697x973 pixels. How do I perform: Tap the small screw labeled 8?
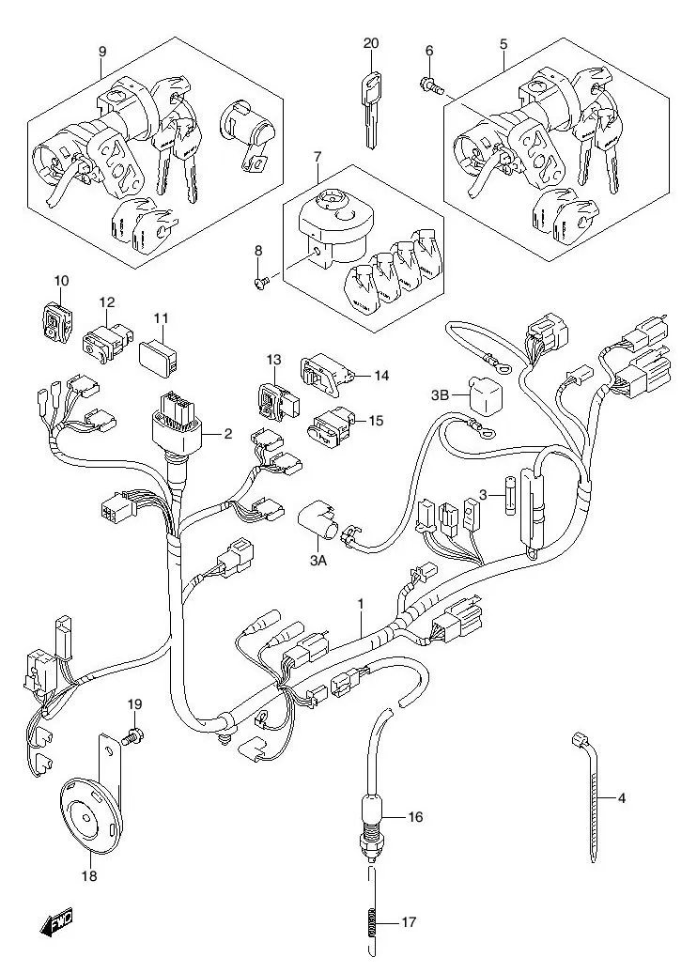tap(263, 279)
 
